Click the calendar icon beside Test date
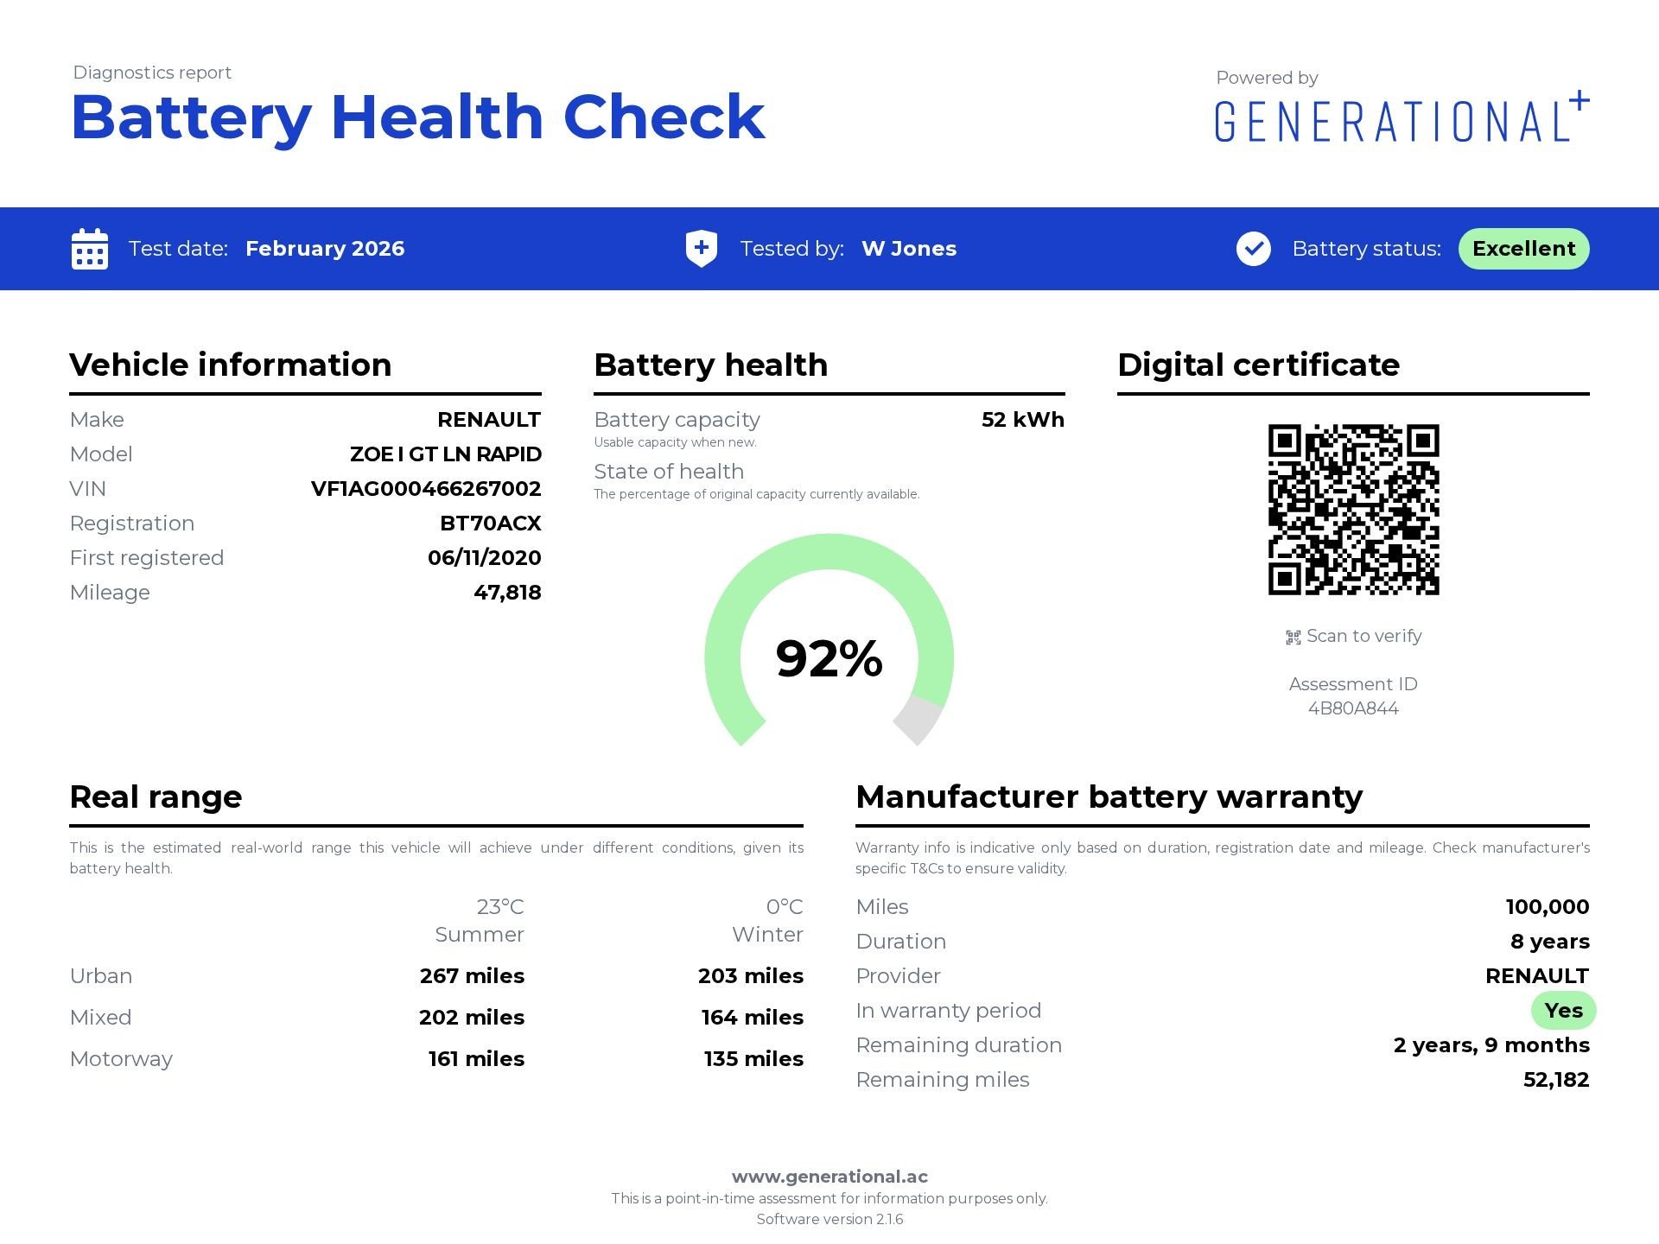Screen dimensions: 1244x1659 pyautogui.click(x=90, y=249)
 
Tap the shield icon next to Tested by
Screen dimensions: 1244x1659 pyautogui.click(x=701, y=249)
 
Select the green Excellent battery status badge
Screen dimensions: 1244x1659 pyautogui.click(x=1523, y=249)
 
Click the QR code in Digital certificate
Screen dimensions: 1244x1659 pyautogui.click(x=1353, y=510)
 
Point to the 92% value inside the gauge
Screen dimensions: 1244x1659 pyautogui.click(x=829, y=658)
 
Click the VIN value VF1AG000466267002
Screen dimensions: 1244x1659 pyautogui.click(x=426, y=489)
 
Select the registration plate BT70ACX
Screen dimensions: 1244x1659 pyautogui.click(x=490, y=524)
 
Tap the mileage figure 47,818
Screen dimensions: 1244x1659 pyautogui.click(x=507, y=593)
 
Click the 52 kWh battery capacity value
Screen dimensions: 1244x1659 pyautogui.click(x=1022, y=420)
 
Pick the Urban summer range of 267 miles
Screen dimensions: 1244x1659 pyautogui.click(x=472, y=976)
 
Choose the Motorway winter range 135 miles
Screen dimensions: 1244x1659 pyautogui.click(x=753, y=1059)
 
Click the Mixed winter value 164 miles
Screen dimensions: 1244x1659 pyautogui.click(x=752, y=1018)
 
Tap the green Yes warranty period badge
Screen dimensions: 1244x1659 pyautogui.click(x=1563, y=1011)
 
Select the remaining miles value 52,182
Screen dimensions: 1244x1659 pyautogui.click(x=1555, y=1080)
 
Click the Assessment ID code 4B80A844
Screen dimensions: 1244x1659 pyautogui.click(x=1353, y=708)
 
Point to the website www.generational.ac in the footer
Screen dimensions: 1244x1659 pyautogui.click(x=829, y=1177)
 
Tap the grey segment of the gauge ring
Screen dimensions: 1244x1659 pyautogui.click(x=918, y=719)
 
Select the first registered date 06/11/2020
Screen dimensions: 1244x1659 pyautogui.click(x=484, y=558)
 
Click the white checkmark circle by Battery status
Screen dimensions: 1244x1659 pyautogui.click(x=1253, y=249)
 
